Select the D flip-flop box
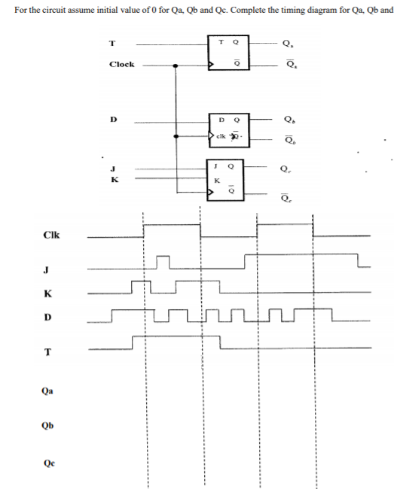(231, 129)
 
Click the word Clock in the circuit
(121, 65)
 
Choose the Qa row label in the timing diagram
(47, 391)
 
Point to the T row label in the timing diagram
(47, 351)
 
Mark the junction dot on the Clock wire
(176, 65)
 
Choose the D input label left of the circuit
(114, 119)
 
